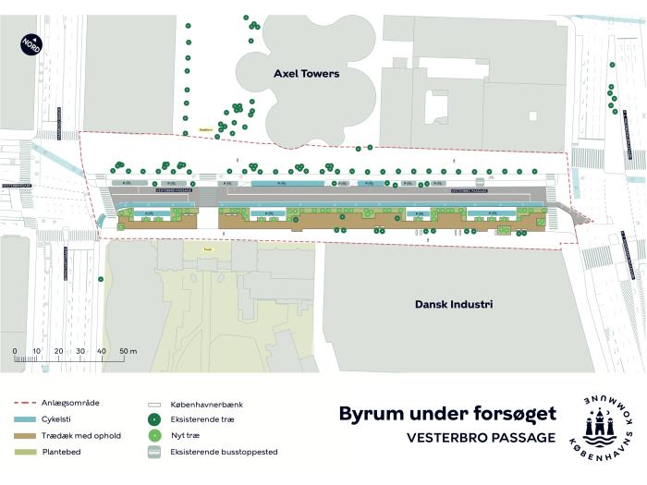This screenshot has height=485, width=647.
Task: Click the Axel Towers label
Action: click(306, 73)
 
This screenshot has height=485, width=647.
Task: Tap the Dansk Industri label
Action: click(453, 304)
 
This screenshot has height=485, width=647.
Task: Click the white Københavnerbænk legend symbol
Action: click(154, 405)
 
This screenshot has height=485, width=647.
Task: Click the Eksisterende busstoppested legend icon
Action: click(154, 452)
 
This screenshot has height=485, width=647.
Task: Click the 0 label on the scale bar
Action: click(15, 352)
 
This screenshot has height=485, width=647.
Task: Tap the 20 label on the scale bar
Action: click(58, 352)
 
